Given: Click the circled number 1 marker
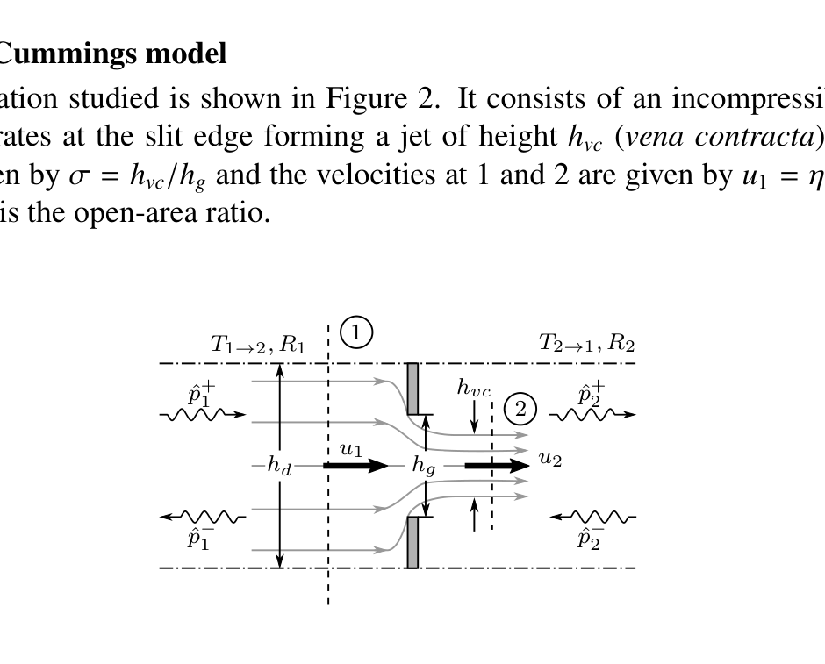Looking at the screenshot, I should pyautogui.click(x=356, y=332).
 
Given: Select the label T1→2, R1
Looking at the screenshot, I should pyautogui.click(x=258, y=344).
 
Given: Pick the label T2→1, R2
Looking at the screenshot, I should pyautogui.click(x=586, y=344).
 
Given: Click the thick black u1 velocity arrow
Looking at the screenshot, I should pyautogui.click(x=355, y=465).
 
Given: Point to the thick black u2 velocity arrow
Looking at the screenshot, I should pyautogui.click(x=497, y=465).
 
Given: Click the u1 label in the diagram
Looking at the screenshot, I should pyautogui.click(x=350, y=449).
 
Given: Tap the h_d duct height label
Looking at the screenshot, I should pyautogui.click(x=279, y=467).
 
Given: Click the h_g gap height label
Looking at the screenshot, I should pyautogui.click(x=425, y=467).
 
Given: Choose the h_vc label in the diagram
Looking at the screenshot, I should pyautogui.click(x=474, y=388).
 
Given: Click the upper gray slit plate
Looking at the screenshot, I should pyautogui.click(x=412, y=389).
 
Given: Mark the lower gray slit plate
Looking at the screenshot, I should pyautogui.click(x=412, y=541).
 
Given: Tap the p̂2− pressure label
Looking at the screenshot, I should pyautogui.click(x=590, y=538).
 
